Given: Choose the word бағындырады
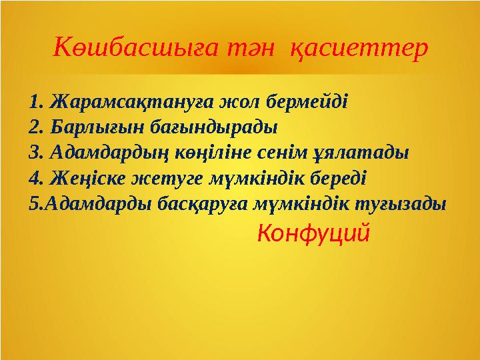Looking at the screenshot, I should (x=205, y=125).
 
